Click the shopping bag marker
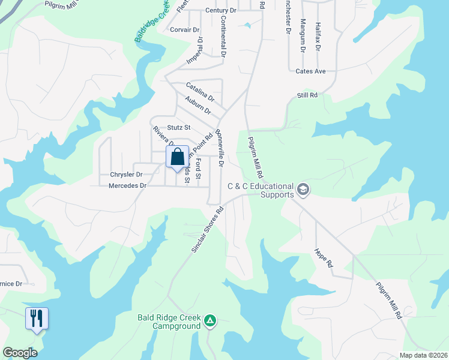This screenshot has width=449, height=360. [x=178, y=158]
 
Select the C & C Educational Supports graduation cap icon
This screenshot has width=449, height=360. [x=303, y=190]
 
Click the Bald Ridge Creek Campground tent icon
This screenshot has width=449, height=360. [x=210, y=320]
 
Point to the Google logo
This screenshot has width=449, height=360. [x=20, y=352]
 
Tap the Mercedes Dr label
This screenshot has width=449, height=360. [x=127, y=186]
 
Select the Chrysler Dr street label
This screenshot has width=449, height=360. [x=126, y=175]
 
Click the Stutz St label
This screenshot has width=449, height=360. [x=179, y=127]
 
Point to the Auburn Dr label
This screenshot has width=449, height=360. [x=198, y=106]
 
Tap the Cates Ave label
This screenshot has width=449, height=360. [x=310, y=71]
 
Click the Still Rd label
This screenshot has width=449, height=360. [x=307, y=95]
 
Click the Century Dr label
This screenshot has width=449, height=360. [x=221, y=11]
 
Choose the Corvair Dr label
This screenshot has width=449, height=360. [x=184, y=29]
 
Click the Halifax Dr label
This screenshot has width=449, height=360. [x=318, y=37]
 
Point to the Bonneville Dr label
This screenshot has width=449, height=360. [x=220, y=148]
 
